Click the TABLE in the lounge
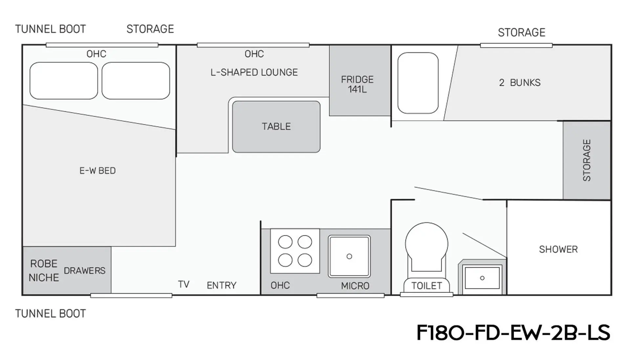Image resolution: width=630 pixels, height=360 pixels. click(x=276, y=127)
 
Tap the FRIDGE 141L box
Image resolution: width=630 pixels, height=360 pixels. click(x=360, y=80)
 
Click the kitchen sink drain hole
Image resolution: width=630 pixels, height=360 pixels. click(x=349, y=256)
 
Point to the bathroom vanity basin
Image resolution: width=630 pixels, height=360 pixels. click(x=482, y=278)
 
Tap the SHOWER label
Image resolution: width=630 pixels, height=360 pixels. click(x=558, y=249)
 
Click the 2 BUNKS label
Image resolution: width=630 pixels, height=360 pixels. click(x=519, y=83)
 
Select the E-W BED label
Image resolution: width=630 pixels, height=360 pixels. click(x=97, y=171)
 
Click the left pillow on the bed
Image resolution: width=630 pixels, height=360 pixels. click(x=64, y=81)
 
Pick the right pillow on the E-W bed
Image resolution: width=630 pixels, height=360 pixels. click(x=136, y=81)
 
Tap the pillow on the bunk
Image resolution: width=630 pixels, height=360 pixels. click(x=418, y=83)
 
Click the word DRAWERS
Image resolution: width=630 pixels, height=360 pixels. click(x=85, y=271)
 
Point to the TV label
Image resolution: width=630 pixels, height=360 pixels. click(x=184, y=284)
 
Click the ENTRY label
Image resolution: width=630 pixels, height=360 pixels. click(x=221, y=286)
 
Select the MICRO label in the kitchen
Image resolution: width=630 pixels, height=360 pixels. click(x=355, y=286)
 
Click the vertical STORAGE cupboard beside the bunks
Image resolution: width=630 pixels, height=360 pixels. click(x=587, y=160)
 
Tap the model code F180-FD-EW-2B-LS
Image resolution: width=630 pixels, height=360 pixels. click(x=513, y=333)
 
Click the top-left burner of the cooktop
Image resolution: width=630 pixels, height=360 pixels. click(x=285, y=242)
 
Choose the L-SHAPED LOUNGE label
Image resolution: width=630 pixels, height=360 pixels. click(x=254, y=72)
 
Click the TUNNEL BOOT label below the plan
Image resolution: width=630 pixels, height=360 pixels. click(x=51, y=314)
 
